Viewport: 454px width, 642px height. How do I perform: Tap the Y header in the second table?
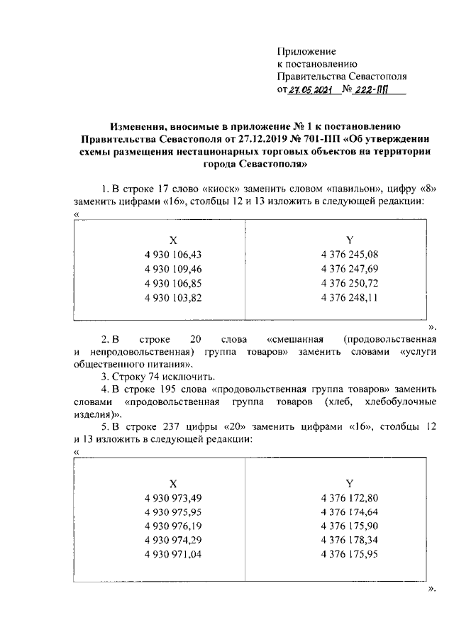[x=349, y=482]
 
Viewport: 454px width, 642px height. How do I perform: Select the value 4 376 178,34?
[x=350, y=541]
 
